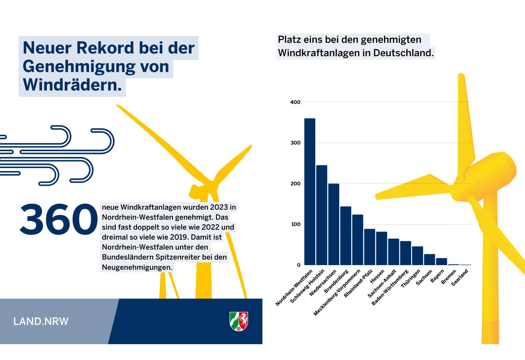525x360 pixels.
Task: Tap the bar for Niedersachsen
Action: tap(334, 224)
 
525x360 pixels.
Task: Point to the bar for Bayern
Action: tap(441, 261)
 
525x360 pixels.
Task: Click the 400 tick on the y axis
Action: tap(295, 102)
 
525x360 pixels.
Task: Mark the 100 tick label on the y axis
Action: tap(296, 224)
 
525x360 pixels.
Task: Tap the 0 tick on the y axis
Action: tap(298, 265)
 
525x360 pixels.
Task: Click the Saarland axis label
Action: tap(460, 278)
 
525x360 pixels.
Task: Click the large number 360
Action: tap(59, 219)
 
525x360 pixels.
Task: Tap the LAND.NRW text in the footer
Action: tap(41, 321)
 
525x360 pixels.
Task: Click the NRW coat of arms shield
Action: tap(239, 321)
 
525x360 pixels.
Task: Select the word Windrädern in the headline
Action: tap(72, 85)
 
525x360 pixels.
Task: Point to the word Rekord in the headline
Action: tap(105, 48)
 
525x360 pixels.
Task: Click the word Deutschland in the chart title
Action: tap(403, 53)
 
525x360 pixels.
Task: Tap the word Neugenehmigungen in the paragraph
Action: tap(137, 267)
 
